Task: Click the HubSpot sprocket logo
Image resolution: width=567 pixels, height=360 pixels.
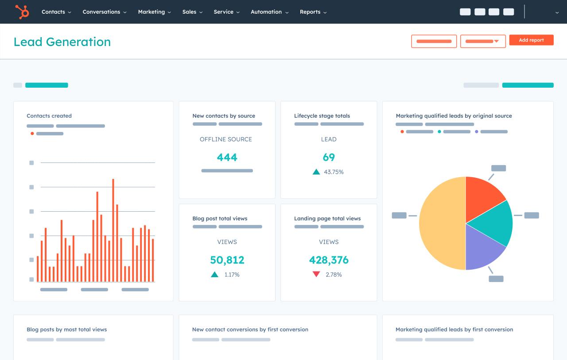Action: [x=22, y=12]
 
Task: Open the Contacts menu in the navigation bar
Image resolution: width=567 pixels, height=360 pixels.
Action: [x=56, y=12]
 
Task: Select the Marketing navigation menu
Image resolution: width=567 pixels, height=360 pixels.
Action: [x=154, y=12]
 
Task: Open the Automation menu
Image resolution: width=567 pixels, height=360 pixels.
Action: [x=269, y=12]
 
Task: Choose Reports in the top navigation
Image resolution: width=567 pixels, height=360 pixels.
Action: [x=313, y=12]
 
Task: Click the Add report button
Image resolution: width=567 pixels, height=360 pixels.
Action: [x=531, y=40]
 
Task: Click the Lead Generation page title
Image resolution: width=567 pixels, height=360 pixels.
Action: [x=62, y=42]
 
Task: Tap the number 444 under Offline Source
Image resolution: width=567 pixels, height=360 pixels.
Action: [x=227, y=157]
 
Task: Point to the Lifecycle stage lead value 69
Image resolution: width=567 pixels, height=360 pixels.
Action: [x=329, y=157]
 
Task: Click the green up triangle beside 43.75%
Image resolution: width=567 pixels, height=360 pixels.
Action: [x=316, y=172]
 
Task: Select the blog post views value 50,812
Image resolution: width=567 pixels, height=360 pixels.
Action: [x=227, y=260]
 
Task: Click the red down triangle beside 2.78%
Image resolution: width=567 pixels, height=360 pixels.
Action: [x=316, y=275]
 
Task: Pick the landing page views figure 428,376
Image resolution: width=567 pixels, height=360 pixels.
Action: [x=329, y=260]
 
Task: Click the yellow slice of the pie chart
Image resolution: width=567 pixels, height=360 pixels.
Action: [x=441, y=224]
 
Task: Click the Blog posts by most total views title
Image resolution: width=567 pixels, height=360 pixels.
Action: [x=66, y=329]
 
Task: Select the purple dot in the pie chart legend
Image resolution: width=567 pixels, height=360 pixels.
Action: [x=477, y=132]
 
